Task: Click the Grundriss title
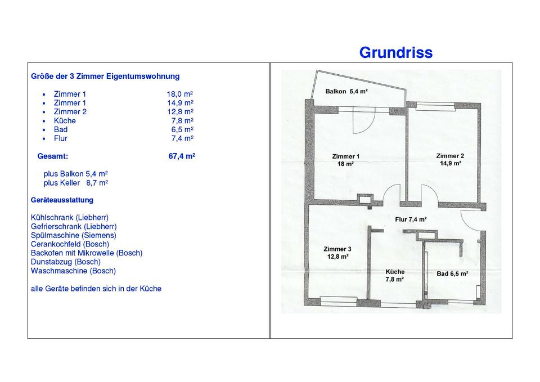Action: pos(395,53)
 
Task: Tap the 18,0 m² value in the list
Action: pos(180,94)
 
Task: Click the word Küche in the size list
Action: pos(65,121)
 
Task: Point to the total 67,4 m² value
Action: pos(182,156)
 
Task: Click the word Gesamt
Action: pos(53,156)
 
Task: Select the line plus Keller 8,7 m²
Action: pos(76,183)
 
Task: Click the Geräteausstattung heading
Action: pos(62,200)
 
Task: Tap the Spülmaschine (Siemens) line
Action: pos(73,235)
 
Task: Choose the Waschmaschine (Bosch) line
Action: pos(73,271)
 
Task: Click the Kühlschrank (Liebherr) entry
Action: pos(70,218)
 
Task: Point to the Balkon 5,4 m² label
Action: pos(346,91)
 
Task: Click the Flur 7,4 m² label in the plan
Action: pos(411,219)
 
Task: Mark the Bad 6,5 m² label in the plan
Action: pos(452,274)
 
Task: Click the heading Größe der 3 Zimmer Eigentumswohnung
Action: pos(105,77)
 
